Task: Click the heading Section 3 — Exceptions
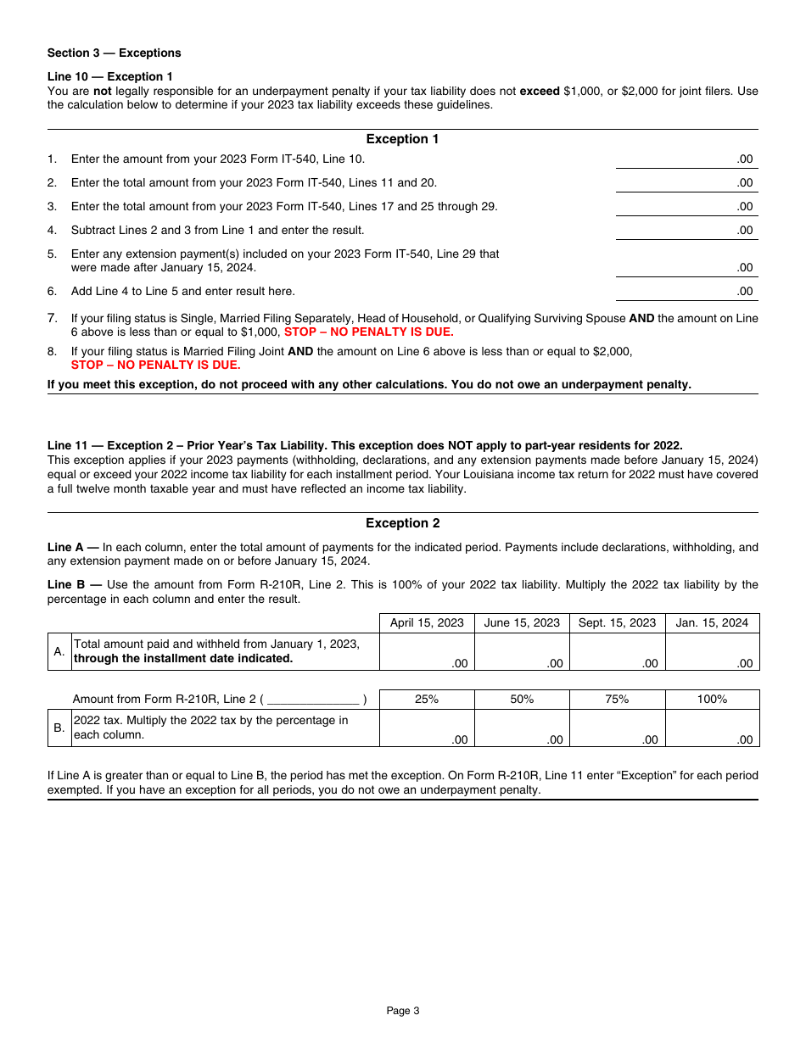click(x=114, y=53)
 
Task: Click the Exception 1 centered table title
click(x=402, y=139)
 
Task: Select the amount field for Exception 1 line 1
click(x=686, y=159)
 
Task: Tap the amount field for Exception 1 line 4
click(x=686, y=230)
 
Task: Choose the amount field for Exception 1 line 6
click(x=686, y=291)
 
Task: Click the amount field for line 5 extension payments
click(x=686, y=266)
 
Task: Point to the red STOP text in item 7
click(x=368, y=332)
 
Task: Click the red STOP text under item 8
click(x=155, y=365)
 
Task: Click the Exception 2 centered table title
click(x=402, y=523)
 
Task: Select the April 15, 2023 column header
click(x=427, y=622)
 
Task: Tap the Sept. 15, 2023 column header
click(x=617, y=622)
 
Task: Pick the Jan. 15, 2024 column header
click(x=712, y=622)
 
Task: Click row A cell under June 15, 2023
click(x=522, y=652)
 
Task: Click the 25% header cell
click(x=427, y=699)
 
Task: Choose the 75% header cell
click(x=617, y=699)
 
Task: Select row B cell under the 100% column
click(x=712, y=728)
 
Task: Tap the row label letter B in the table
click(x=59, y=728)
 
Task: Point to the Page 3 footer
click(x=402, y=1010)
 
